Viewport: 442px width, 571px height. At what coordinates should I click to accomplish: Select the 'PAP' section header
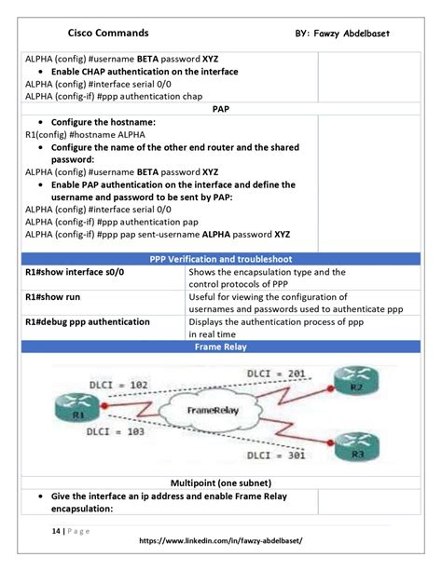(221, 109)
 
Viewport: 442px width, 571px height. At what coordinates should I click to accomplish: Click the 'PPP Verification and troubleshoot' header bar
(221, 259)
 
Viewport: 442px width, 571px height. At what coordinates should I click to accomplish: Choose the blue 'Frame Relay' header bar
(221, 347)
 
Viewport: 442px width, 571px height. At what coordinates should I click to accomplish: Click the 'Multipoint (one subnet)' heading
(221, 483)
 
